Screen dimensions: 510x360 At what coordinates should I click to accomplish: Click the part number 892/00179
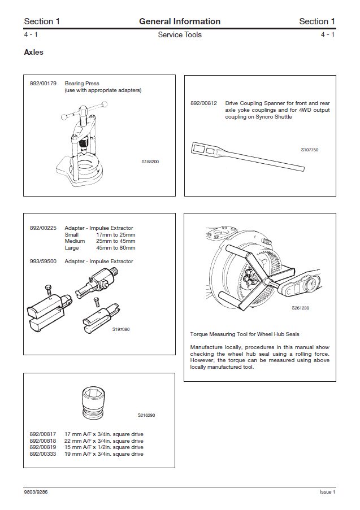point(43,84)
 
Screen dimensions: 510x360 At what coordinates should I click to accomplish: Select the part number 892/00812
point(203,103)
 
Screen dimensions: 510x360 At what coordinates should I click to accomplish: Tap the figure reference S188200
point(150,162)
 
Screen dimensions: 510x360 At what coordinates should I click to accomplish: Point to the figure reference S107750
point(310,150)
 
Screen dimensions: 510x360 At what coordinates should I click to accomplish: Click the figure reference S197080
point(121,329)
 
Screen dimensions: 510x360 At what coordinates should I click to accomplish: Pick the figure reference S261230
point(301,308)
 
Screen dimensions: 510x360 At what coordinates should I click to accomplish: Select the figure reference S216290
point(146,415)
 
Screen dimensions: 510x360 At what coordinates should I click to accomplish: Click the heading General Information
point(180,21)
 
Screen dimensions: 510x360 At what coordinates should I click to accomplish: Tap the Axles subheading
point(33,53)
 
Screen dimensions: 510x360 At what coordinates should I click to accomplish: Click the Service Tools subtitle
point(180,35)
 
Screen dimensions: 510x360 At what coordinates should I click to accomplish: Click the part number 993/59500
point(43,261)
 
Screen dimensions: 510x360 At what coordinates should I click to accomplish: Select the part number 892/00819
point(43,447)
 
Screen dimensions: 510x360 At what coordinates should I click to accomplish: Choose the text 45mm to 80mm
point(116,248)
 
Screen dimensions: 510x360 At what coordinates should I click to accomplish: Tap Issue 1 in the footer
point(327,492)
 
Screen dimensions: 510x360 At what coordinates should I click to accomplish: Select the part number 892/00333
point(43,454)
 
